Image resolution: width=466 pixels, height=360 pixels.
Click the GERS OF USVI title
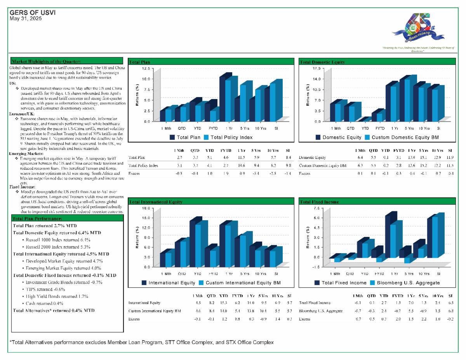(33, 12)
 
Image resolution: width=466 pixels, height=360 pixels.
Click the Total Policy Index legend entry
(228, 137)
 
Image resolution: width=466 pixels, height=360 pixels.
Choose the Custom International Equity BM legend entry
(240, 283)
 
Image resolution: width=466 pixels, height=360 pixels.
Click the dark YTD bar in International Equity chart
(192, 244)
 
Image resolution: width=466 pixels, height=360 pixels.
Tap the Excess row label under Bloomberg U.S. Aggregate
(305, 319)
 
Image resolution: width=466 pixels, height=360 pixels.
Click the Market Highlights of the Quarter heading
(46, 61)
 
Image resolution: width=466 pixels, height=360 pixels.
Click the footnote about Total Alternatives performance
(142, 342)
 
